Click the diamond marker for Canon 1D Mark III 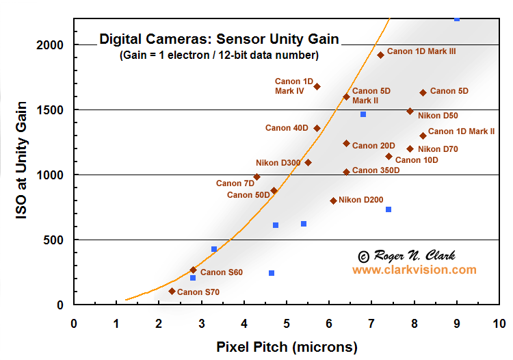(380, 55)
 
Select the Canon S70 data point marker (172, 291)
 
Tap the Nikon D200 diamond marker (333, 201)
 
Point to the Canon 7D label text (235, 183)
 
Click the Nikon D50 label (438, 116)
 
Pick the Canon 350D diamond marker (346, 172)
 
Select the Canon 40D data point (317, 128)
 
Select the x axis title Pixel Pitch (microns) (287, 347)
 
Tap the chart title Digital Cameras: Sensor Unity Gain (219, 38)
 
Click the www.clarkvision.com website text (414, 270)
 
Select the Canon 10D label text (417, 160)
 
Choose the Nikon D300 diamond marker (308, 162)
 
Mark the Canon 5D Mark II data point (346, 97)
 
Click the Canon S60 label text (221, 272)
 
